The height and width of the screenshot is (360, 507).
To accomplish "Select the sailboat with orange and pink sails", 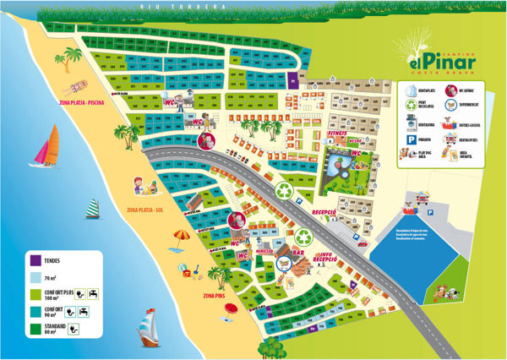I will [x=45, y=149].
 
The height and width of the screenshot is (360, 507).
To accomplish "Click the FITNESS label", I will [x=337, y=134].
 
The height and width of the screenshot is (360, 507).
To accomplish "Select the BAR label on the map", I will [x=297, y=252].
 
